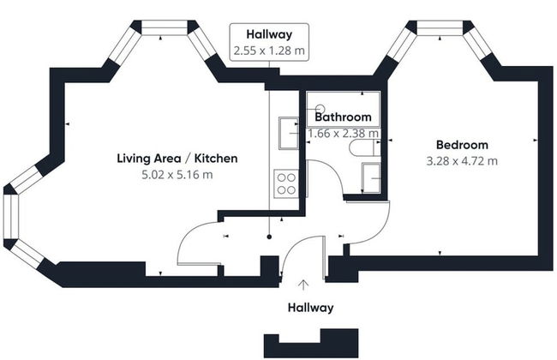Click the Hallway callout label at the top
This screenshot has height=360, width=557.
click(x=270, y=34)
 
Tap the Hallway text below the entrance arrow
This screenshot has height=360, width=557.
click(x=310, y=308)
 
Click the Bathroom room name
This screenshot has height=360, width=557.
click(x=343, y=117)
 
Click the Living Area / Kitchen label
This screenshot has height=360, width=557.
click(x=177, y=159)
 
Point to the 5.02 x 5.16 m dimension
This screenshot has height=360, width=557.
click(x=177, y=175)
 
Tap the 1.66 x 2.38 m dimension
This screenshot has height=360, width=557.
click(x=344, y=133)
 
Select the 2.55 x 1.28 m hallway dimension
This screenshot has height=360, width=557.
click(x=270, y=51)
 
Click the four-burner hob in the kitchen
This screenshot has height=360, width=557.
click(x=284, y=183)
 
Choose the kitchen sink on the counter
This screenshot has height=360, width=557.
click(x=285, y=135)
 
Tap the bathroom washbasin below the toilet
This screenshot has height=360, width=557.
click(x=371, y=177)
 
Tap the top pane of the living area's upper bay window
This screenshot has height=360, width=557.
click(x=164, y=28)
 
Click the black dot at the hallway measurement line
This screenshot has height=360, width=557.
click(x=269, y=236)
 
